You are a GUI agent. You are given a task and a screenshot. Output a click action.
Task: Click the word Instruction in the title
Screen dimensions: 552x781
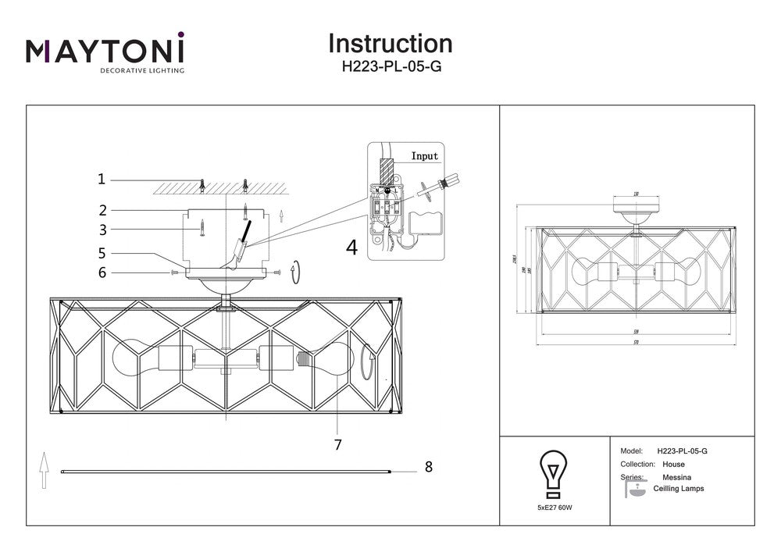coord(390,43)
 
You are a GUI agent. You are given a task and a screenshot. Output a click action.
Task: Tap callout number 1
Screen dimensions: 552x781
coord(102,180)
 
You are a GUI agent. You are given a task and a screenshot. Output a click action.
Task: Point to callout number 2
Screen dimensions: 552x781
coord(102,209)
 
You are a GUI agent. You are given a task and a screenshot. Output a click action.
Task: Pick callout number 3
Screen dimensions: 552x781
coord(102,230)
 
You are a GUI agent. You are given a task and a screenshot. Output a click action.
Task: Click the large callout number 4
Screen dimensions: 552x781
coord(351,248)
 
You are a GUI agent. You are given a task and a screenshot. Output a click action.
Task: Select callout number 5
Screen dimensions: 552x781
coord(102,253)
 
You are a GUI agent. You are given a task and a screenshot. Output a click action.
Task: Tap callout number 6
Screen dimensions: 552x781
coord(102,272)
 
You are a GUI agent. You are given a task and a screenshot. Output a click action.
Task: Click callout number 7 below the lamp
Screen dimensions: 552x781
coord(337,445)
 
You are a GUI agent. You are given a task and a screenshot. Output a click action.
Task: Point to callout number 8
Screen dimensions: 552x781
coord(428,467)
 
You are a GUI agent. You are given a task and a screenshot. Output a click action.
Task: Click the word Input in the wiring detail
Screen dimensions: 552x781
coord(425,156)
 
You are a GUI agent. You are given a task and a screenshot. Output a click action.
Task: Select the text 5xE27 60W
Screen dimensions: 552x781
coord(555,507)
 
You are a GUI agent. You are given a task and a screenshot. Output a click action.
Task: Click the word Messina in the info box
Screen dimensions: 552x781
coord(676,477)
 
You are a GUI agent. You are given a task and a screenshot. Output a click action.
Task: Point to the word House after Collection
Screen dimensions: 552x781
coord(673,465)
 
